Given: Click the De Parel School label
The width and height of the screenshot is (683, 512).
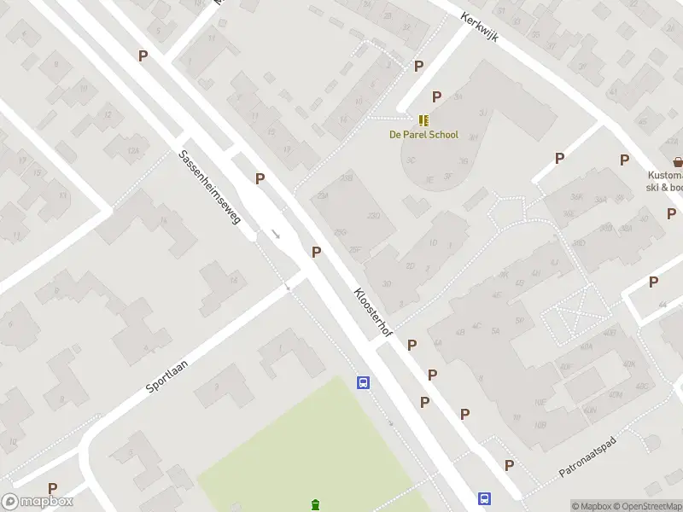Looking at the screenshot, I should pos(423,135).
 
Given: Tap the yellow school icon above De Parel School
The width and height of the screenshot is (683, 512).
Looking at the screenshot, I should pos(423,120).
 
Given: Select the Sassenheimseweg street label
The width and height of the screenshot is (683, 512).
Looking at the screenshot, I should pos(211,189).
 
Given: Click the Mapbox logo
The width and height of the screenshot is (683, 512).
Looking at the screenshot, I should pos(37,502).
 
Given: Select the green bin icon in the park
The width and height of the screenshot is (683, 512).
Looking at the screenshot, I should pos(317,504).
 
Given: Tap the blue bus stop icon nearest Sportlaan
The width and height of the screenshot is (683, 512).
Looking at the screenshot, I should pos(363,383).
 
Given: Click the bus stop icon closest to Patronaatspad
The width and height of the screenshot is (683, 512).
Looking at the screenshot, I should pos(484,499).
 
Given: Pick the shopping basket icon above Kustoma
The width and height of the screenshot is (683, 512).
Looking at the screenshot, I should pos(678,161).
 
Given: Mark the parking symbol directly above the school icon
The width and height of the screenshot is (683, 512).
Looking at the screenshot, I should pos(437,96).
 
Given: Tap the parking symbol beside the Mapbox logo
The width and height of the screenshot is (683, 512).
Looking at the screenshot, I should pos(52,488).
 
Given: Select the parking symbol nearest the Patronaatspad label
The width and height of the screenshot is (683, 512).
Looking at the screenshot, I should pos(510,465).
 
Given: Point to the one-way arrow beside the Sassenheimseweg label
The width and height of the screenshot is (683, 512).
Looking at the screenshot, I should pos(276,233).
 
